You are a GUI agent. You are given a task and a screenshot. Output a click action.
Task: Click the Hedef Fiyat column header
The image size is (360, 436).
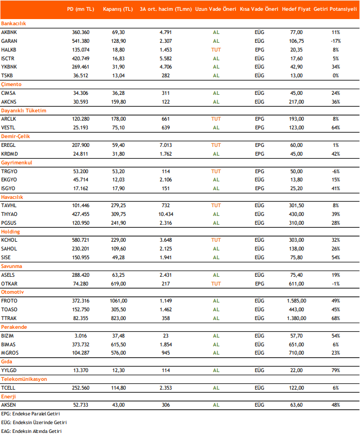[x=296, y=9]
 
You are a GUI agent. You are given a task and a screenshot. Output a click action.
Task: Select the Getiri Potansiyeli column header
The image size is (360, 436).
[x=335, y=9]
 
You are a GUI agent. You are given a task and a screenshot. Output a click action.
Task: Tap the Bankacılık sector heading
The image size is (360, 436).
[x=13, y=24]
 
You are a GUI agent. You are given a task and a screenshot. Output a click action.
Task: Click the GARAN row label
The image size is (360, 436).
[x=9, y=41]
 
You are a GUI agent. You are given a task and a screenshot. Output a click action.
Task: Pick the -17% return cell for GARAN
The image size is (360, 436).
[x=336, y=41]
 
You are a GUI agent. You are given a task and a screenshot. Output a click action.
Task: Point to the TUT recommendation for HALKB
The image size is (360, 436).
[x=216, y=50]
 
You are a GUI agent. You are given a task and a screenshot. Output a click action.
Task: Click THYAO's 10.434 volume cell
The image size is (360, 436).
[x=166, y=214]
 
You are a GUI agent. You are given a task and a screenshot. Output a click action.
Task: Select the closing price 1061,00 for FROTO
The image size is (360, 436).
[x=119, y=301]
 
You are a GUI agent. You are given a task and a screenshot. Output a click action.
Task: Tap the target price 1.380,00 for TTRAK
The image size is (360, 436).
[x=296, y=318]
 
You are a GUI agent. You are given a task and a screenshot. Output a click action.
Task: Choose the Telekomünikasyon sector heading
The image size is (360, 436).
[x=24, y=379]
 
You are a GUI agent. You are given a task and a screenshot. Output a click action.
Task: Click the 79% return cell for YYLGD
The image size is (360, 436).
[x=336, y=371]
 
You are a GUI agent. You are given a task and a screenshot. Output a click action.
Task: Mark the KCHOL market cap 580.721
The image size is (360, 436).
[x=80, y=240]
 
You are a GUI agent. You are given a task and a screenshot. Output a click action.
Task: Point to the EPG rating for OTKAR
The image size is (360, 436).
[x=259, y=283]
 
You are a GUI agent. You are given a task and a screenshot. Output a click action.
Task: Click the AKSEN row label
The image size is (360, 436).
[x=8, y=405]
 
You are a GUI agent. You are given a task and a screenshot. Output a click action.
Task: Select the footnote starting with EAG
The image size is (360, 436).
[x=31, y=431]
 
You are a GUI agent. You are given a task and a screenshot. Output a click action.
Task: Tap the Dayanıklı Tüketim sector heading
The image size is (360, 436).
[x=24, y=110]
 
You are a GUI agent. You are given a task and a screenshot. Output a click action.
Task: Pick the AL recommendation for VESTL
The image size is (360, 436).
[x=216, y=128]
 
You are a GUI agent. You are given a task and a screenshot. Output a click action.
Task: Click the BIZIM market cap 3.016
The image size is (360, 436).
[x=80, y=336]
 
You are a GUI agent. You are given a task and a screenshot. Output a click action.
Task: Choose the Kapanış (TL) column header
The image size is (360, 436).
[x=118, y=9]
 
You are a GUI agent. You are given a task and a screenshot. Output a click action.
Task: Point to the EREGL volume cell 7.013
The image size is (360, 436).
[x=166, y=145]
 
